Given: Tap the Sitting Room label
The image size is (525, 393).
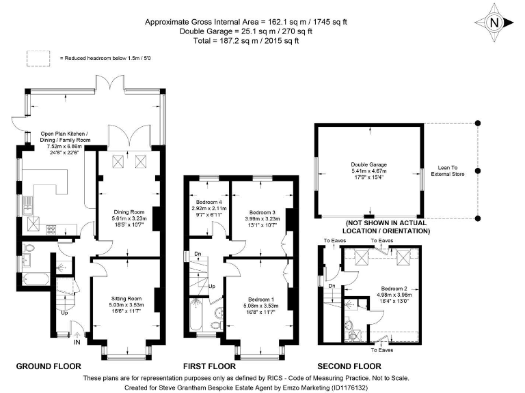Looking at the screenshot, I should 126,303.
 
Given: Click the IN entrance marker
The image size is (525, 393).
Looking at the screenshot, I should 77,343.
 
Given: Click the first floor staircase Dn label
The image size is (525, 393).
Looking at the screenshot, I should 198,254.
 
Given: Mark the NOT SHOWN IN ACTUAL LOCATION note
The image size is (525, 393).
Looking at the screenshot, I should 386,227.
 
